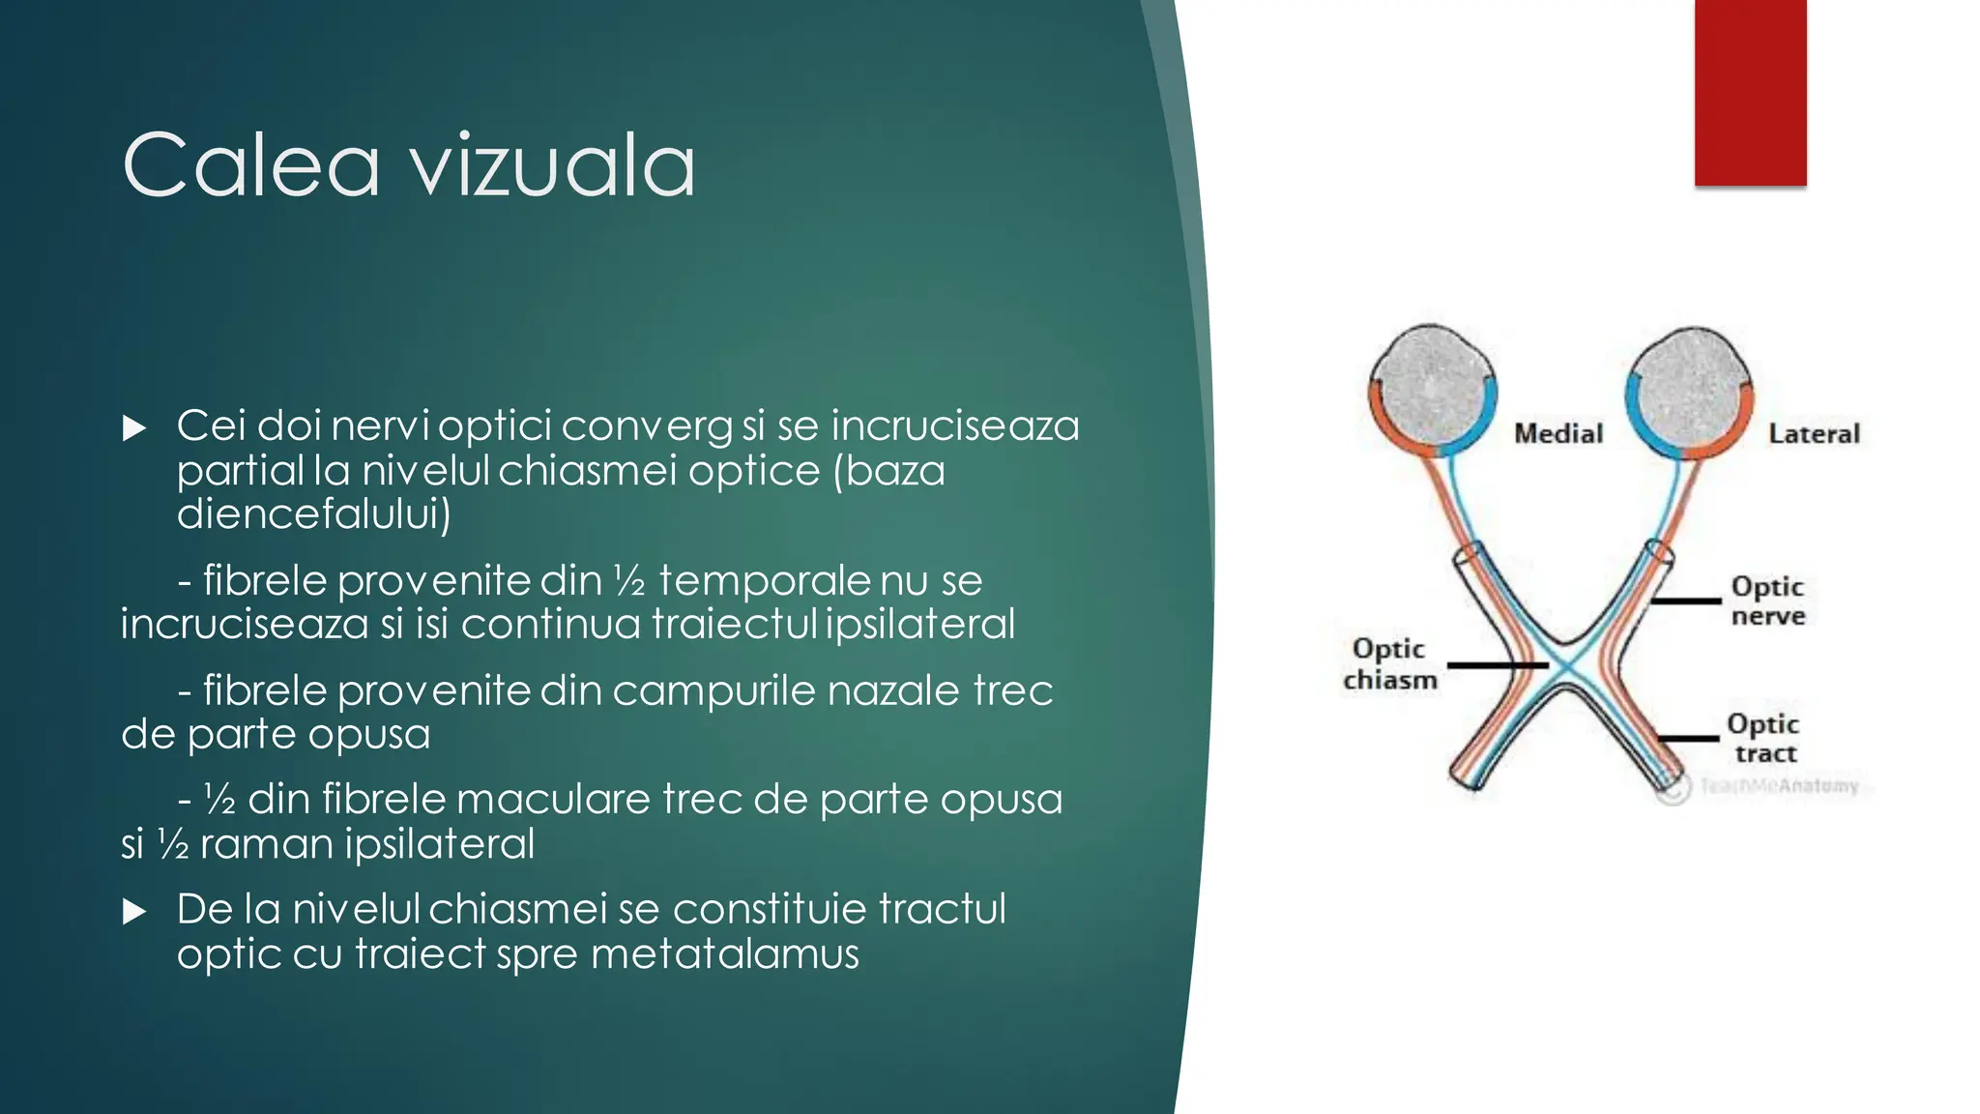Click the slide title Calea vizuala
click(x=408, y=165)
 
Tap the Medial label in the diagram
click(x=1558, y=433)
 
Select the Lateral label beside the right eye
click(x=1814, y=434)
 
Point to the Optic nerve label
click(x=1767, y=601)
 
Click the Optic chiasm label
click(x=1389, y=663)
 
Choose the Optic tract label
click(x=1763, y=738)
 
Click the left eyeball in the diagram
click(x=1432, y=387)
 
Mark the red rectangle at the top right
click(x=1750, y=92)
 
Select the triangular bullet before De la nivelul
click(x=134, y=912)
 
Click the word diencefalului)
click(x=314, y=514)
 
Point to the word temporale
click(x=764, y=581)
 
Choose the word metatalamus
click(x=724, y=954)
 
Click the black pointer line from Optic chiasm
click(x=1496, y=665)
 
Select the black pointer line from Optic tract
click(x=1689, y=738)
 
